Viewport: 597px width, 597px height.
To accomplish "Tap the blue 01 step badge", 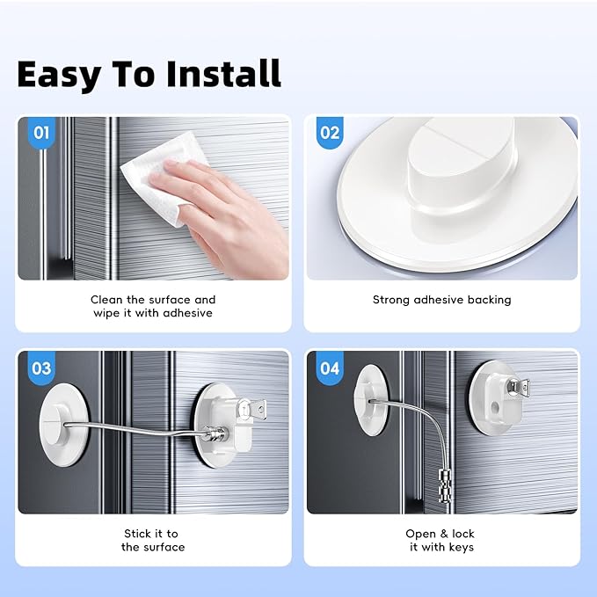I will coord(41,135).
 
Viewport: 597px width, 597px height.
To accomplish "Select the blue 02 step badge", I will coord(329,134).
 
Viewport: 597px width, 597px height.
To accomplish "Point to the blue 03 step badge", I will coord(41,368).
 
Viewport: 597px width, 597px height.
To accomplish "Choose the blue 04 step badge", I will coord(329,368).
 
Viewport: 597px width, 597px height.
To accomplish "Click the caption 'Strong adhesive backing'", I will coord(441,300).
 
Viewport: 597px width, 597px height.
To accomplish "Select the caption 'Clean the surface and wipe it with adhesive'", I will coord(153,306).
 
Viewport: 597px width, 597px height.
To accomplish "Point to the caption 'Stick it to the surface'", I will coord(153,540).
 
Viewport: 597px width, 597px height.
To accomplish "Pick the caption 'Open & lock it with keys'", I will coord(441,540).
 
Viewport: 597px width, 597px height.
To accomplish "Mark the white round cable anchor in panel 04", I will coord(369,392).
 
